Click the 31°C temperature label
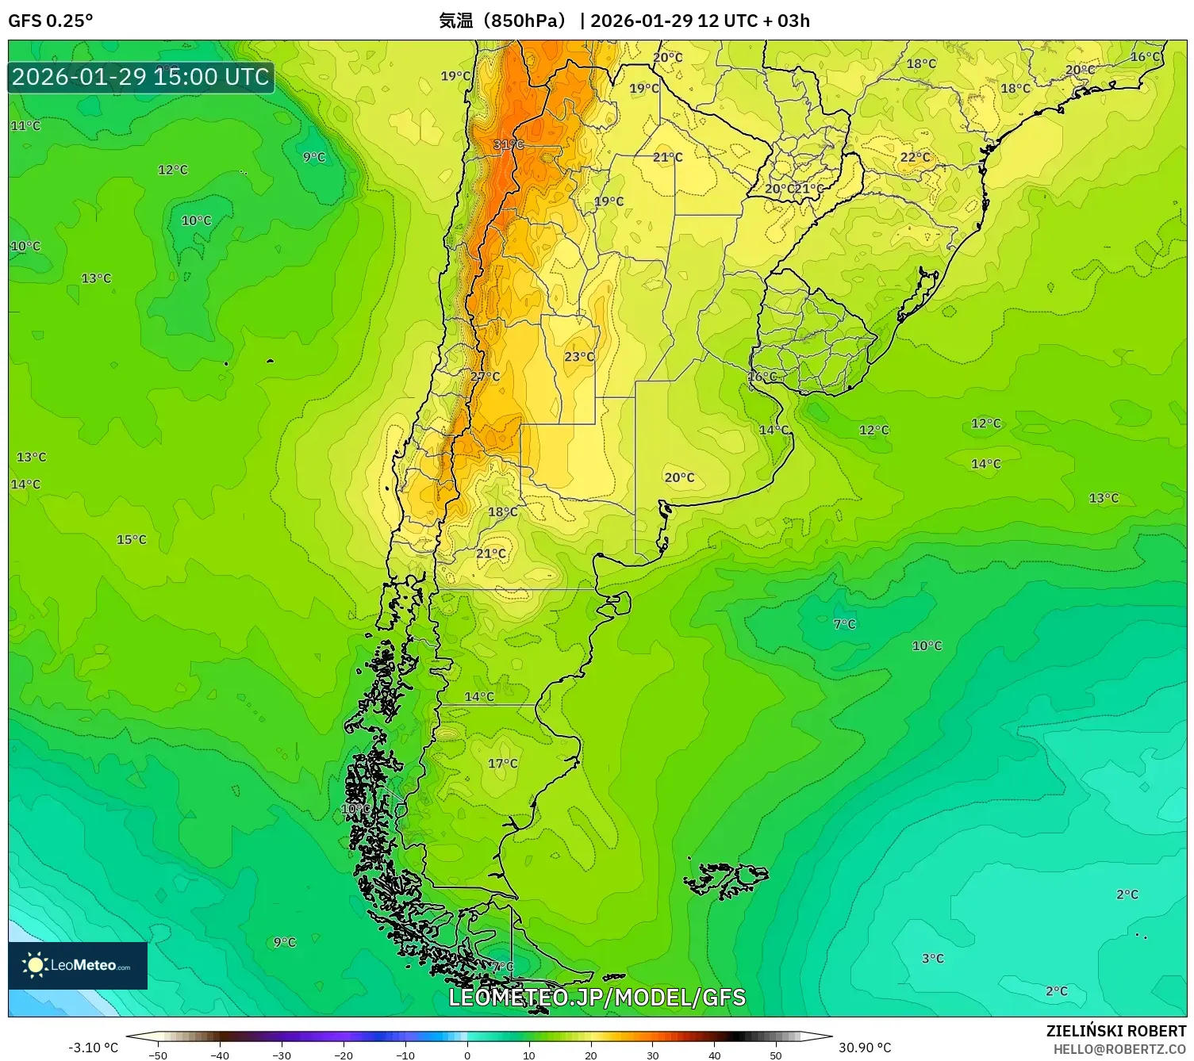click(509, 144)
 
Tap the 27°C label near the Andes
click(486, 377)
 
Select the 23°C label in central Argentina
click(579, 357)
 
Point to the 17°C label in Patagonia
click(503, 764)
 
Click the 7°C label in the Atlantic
click(845, 625)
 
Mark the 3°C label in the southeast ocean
click(933, 959)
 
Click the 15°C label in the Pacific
click(132, 540)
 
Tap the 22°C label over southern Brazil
click(915, 158)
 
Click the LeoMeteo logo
click(78, 965)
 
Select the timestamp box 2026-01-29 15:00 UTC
click(141, 77)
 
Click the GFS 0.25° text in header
click(51, 21)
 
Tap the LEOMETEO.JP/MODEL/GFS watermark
click(597, 998)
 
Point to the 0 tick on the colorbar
click(467, 1055)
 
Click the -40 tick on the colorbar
click(220, 1055)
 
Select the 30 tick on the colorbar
click(652, 1055)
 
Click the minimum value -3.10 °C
click(94, 1048)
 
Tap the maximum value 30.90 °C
click(865, 1048)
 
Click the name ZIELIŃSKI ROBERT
click(1116, 1031)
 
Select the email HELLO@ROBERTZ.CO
click(1119, 1049)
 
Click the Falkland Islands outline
click(728, 879)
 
